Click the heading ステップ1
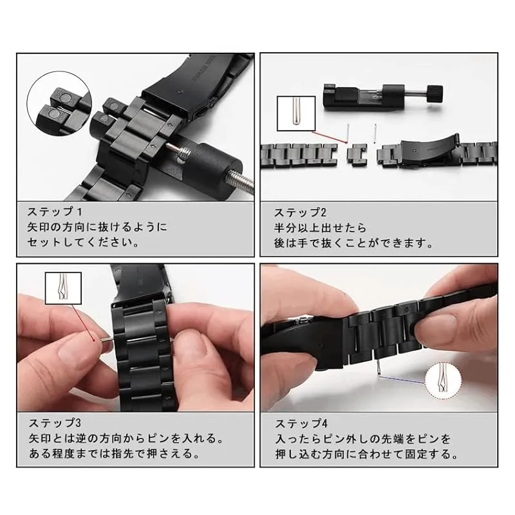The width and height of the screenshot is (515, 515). tap(55, 212)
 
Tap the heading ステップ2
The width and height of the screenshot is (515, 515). tap(300, 213)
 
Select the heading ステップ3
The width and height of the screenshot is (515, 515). tap(55, 423)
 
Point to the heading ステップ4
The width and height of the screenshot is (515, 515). tap(301, 424)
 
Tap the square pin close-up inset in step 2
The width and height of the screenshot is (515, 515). tap(296, 114)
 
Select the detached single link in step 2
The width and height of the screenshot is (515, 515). tap(357, 154)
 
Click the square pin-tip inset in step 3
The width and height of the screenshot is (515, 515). tap(63, 288)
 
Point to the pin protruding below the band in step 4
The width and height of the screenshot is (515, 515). tap(379, 367)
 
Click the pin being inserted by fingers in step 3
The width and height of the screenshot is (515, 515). tap(106, 340)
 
